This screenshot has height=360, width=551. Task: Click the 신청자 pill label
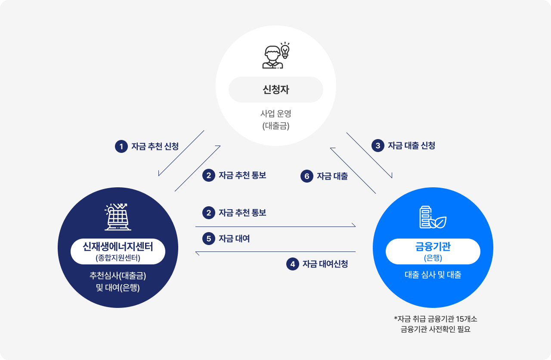click(x=275, y=90)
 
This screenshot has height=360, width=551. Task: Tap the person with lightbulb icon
click(x=275, y=56)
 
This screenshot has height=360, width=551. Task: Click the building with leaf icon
click(x=433, y=217)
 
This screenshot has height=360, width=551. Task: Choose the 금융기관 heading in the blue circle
click(x=433, y=247)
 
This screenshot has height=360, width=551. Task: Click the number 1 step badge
click(x=121, y=147)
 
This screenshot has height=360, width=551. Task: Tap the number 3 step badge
click(x=378, y=146)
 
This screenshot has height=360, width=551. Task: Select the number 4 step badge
click(x=293, y=264)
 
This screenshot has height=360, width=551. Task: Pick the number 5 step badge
click(x=209, y=239)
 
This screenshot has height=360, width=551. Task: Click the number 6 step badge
click(x=306, y=176)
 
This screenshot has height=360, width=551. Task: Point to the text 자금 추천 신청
click(x=155, y=147)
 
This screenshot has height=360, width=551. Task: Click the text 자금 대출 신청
click(x=412, y=146)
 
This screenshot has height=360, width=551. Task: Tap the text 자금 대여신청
click(x=325, y=264)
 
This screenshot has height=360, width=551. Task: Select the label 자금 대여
click(x=234, y=239)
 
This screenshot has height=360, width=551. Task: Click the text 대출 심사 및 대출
click(x=433, y=275)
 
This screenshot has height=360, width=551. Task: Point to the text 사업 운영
click(x=275, y=114)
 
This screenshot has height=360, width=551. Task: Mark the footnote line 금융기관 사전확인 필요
click(x=435, y=330)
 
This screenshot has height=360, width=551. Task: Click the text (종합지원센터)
click(x=118, y=258)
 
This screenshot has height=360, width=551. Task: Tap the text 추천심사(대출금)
click(x=118, y=276)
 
